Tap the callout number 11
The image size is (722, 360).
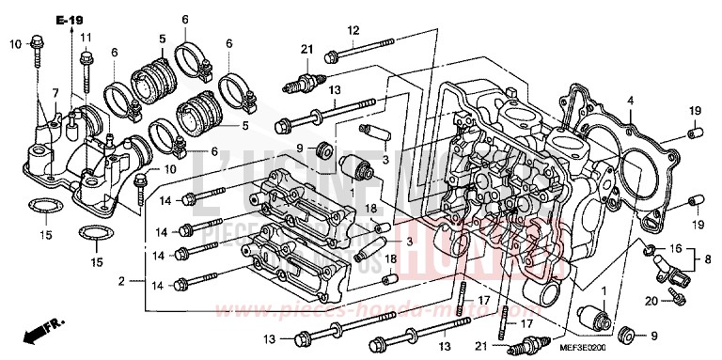(86, 38)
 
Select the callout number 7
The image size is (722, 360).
(55, 92)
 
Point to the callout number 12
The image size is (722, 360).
(354, 31)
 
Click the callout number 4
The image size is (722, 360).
(631, 101)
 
